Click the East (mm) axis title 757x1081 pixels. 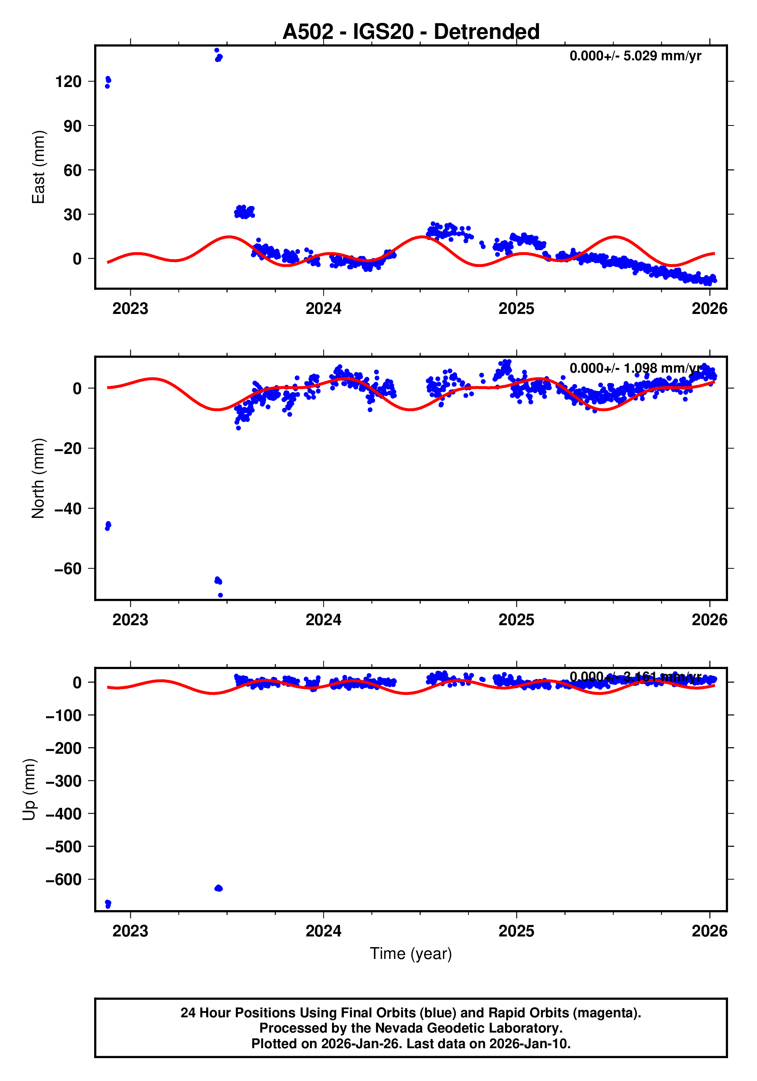38,167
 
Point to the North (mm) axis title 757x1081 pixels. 38,478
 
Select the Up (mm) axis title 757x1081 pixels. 29,790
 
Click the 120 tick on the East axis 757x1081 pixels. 68,82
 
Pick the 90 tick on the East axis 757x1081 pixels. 72,126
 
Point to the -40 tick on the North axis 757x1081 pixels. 68,509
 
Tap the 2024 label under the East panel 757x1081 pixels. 323,309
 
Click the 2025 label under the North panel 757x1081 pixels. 516,620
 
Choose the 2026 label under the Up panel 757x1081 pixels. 709,931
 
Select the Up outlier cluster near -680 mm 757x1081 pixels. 108,904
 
